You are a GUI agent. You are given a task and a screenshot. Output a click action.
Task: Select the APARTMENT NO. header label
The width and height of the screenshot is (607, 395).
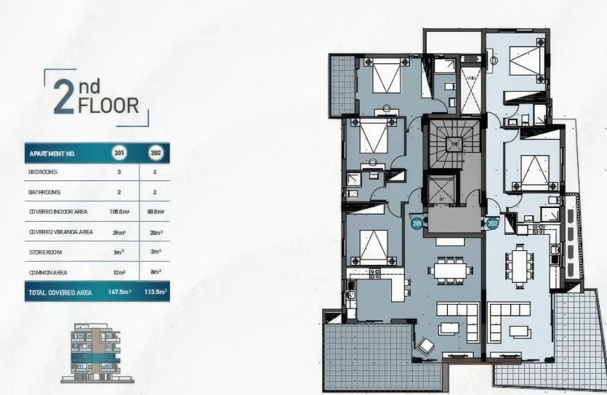click(x=52, y=153)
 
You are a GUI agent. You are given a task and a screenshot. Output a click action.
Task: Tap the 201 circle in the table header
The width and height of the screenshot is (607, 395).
click(x=119, y=153)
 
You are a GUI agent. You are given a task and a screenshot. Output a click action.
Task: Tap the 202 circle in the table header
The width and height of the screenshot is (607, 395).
click(x=155, y=153)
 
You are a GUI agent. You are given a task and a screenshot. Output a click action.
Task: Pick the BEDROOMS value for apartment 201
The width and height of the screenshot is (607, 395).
click(x=119, y=172)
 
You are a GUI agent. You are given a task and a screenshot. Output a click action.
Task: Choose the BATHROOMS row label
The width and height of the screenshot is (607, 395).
click(x=44, y=192)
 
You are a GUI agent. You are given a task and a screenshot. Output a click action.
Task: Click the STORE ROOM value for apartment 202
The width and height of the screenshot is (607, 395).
click(x=155, y=252)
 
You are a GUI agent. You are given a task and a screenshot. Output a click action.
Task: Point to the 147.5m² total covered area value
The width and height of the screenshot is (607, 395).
click(x=118, y=292)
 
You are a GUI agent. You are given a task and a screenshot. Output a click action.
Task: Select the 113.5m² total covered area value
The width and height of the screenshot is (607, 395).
click(x=155, y=292)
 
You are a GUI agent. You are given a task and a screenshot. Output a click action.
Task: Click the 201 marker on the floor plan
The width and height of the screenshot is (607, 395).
click(x=417, y=224)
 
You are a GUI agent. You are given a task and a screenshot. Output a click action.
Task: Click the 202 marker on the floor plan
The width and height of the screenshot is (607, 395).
click(x=492, y=224)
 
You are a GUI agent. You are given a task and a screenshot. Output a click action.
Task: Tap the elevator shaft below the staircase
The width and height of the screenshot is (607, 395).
click(x=441, y=191)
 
